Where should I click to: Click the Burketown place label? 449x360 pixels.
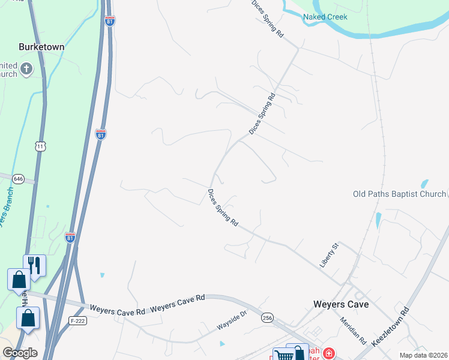point(41,46)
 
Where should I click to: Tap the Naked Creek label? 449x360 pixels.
point(325,17)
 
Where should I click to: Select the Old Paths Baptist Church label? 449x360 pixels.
point(399,194)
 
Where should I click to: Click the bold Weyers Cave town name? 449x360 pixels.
point(341,304)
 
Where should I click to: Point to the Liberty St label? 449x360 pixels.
point(330,255)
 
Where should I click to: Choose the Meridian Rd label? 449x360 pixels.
point(354,331)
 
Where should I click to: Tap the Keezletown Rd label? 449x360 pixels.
point(390,327)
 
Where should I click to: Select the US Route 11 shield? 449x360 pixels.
point(40,146)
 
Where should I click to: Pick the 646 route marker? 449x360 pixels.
point(18,178)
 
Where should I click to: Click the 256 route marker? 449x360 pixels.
point(267,317)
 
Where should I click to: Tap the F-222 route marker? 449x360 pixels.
point(76,320)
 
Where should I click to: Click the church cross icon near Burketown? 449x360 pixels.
point(26,70)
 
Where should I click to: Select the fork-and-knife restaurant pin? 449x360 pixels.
point(35,265)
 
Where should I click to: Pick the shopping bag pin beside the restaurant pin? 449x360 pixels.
point(18,280)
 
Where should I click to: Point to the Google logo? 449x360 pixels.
point(19,353)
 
